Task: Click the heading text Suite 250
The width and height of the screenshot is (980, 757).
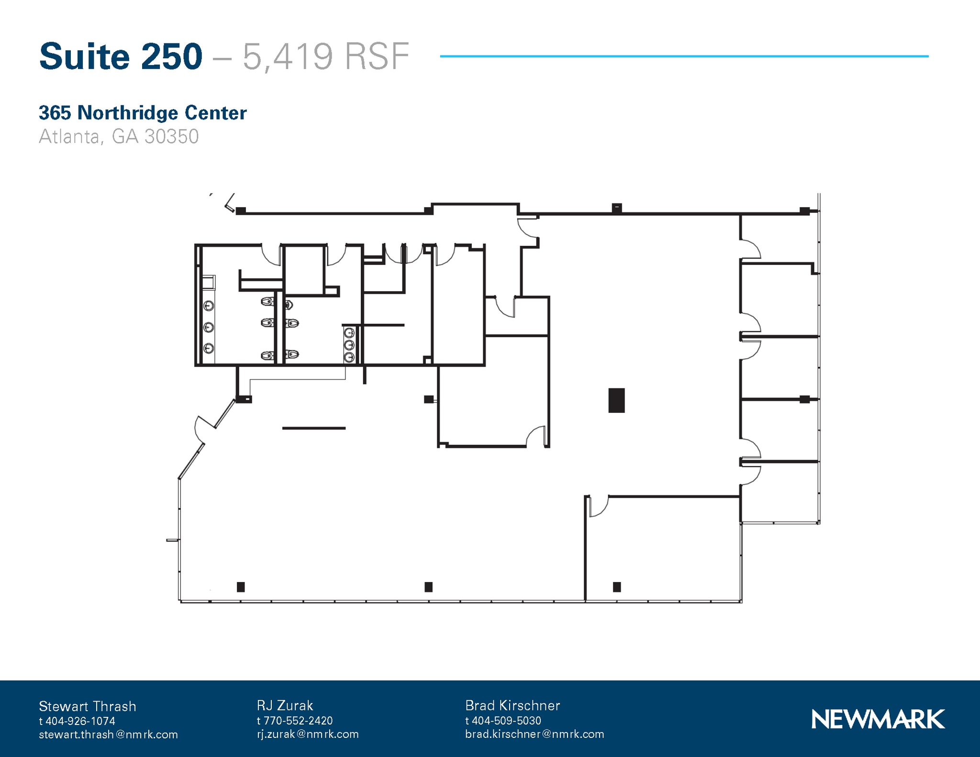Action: pyautogui.click(x=121, y=57)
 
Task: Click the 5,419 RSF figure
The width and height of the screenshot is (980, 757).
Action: pyautogui.click(x=325, y=57)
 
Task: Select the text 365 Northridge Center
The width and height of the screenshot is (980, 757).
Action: pyautogui.click(x=143, y=113)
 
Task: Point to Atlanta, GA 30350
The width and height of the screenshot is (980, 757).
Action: pyautogui.click(x=119, y=137)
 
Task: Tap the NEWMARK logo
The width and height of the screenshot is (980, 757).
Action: pyautogui.click(x=878, y=719)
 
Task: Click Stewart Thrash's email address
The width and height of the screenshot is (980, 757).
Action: pyautogui.click(x=108, y=735)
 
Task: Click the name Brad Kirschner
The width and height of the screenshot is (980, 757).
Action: pyautogui.click(x=512, y=705)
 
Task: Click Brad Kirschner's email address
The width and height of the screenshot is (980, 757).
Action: pyautogui.click(x=535, y=734)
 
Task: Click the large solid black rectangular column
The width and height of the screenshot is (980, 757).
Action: pyautogui.click(x=616, y=400)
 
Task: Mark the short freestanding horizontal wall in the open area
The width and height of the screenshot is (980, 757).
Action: pyautogui.click(x=313, y=428)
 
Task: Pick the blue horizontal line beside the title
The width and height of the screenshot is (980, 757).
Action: pyautogui.click(x=684, y=56)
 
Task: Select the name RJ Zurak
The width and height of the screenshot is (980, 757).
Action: pyautogui.click(x=285, y=705)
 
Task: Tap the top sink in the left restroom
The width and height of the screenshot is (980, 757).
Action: pyautogui.click(x=209, y=306)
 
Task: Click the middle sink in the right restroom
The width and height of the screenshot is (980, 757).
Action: pyautogui.click(x=349, y=344)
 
